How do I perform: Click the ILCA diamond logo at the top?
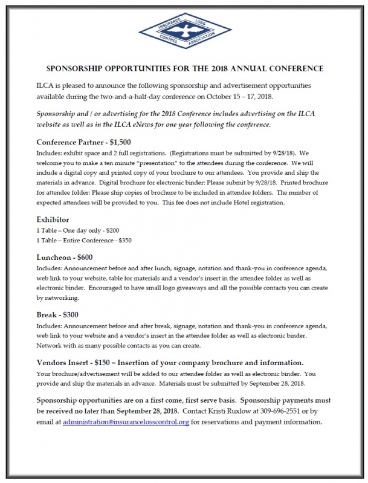184,30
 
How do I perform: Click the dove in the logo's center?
184,30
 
